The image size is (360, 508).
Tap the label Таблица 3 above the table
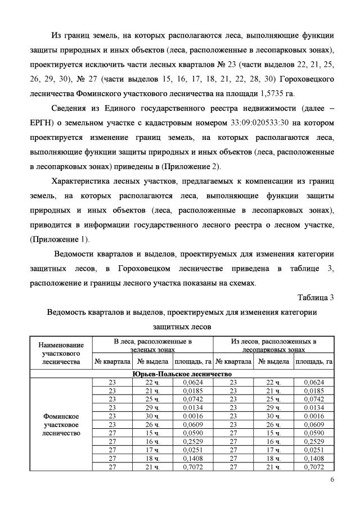tap(315, 298)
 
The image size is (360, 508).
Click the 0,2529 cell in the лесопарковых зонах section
tap(314, 443)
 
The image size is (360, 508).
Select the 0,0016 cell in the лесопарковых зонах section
tap(314, 416)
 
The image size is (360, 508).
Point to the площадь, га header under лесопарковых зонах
tap(314, 361)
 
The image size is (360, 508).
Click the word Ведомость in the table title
tap(69, 312)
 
